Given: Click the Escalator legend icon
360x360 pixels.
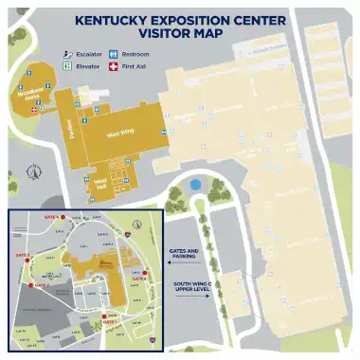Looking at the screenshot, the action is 68,54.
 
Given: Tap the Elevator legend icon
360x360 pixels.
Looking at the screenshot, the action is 68,66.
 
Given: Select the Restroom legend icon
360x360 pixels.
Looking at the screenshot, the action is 114,54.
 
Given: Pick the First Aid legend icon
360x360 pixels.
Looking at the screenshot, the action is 114,66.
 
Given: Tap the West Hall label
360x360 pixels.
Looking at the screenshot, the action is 101,182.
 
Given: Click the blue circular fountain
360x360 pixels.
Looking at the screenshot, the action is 196,185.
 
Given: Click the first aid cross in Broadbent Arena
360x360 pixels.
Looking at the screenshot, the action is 36,110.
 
